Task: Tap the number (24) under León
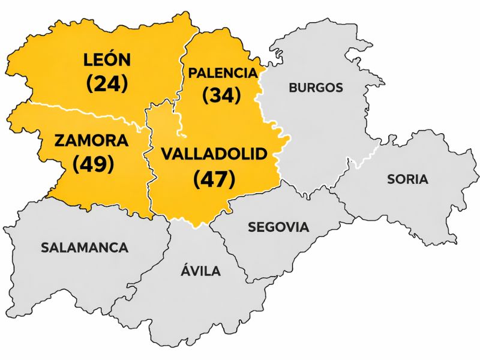[x=107, y=83]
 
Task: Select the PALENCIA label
[x=223, y=73]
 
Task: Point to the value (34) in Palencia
[x=221, y=95]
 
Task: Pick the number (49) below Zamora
[x=93, y=164]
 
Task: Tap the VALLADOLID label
[x=214, y=154]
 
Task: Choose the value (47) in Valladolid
[x=214, y=178]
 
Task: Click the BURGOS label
[x=316, y=88]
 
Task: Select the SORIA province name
[x=407, y=179]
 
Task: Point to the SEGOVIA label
[x=278, y=227]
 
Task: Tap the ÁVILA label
[x=200, y=271]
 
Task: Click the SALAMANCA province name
[x=85, y=247]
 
